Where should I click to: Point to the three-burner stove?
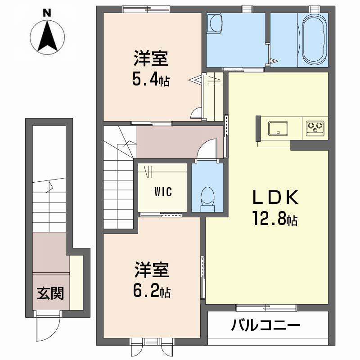315,128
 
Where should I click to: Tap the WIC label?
163,192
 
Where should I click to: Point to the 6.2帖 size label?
151,292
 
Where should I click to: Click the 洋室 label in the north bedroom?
150,59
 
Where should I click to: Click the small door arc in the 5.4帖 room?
196,114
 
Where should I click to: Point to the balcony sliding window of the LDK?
266,307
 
